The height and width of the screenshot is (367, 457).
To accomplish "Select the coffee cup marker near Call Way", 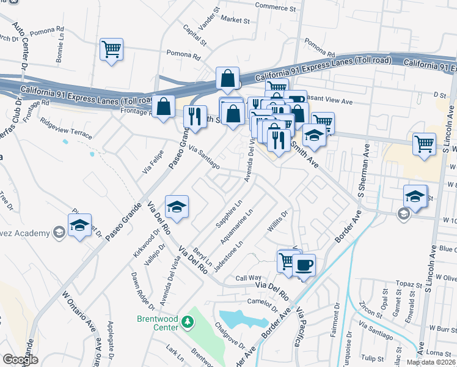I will pyautogui.click(x=304, y=266).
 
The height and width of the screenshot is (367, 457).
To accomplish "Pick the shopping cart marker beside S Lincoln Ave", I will pyautogui.click(x=424, y=145).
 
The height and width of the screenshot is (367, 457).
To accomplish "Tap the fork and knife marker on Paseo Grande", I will pyautogui.click(x=195, y=116).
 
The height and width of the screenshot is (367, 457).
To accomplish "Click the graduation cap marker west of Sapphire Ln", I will pyautogui.click(x=177, y=207).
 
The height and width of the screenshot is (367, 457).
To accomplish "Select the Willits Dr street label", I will pyautogui.click(x=277, y=223).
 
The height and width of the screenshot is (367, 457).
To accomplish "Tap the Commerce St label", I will pyautogui.click(x=275, y=6).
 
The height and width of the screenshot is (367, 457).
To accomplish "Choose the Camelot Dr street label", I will pyautogui.click(x=263, y=302).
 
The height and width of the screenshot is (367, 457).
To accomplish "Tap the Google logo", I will pyautogui.click(x=20, y=360).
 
